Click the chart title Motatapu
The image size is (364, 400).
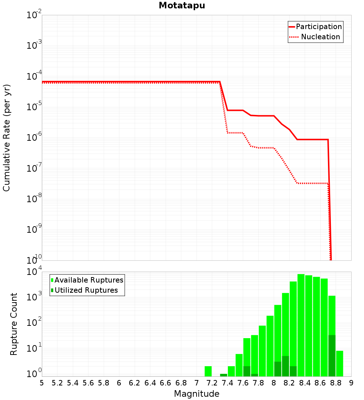click(x=182, y=5)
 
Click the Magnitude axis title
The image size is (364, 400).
click(x=197, y=394)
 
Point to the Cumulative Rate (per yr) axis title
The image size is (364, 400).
click(x=7, y=137)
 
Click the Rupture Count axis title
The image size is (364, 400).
click(x=14, y=324)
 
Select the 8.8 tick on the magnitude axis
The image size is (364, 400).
click(x=336, y=383)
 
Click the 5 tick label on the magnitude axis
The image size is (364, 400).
click(x=42, y=383)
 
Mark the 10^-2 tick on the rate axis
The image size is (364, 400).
click(x=34, y=15)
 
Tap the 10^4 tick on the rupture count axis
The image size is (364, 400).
click(x=34, y=272)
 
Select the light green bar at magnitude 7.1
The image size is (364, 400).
click(x=208, y=371)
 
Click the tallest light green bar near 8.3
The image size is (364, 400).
click(x=301, y=325)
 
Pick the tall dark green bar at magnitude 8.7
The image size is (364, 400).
click(x=332, y=356)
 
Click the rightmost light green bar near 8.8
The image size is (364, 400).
click(x=340, y=363)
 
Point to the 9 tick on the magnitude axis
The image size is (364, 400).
click(x=351, y=383)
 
